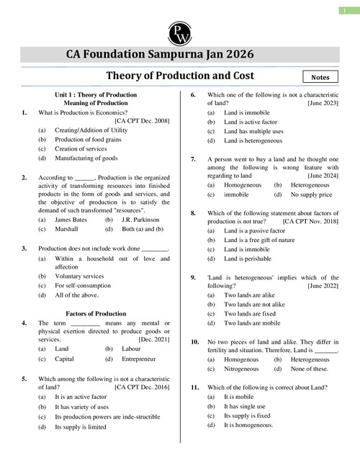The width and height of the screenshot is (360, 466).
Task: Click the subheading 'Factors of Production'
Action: coord(96,314)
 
